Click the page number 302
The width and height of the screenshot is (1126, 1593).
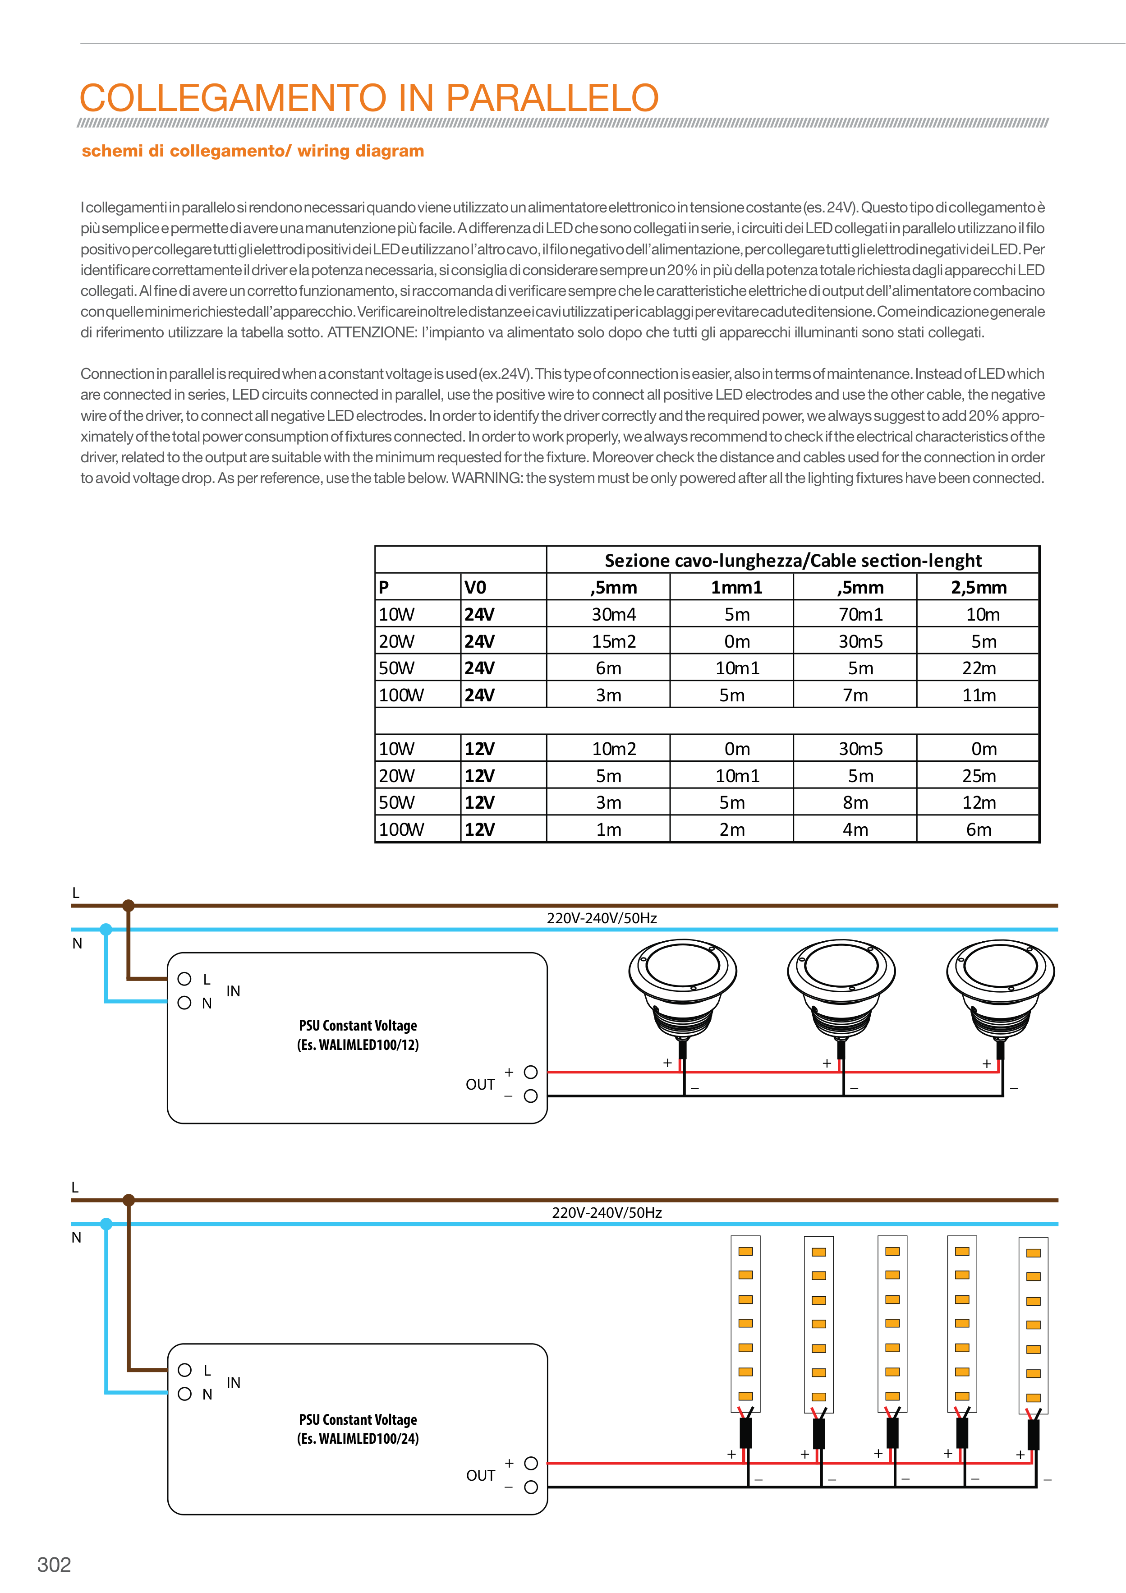54,1565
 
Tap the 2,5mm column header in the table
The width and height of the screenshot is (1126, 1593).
978,588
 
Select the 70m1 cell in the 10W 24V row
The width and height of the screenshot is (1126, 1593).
860,615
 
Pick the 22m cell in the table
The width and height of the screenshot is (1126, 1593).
978,668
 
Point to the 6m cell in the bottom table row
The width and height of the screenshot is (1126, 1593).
978,830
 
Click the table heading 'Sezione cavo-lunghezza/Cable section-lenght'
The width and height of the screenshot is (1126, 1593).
793,561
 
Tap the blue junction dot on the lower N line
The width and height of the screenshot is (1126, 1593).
106,1224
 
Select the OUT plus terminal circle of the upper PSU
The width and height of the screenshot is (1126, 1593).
531,1072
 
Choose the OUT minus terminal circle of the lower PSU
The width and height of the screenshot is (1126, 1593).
531,1487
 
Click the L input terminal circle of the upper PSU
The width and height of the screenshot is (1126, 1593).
184,979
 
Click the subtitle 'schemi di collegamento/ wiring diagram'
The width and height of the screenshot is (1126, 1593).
253,151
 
